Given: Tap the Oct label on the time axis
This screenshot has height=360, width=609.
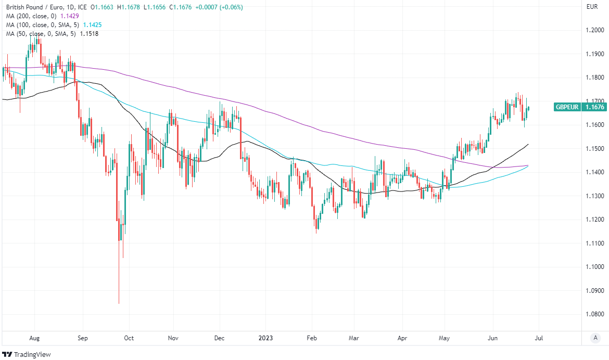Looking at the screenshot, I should pyautogui.click(x=129, y=338).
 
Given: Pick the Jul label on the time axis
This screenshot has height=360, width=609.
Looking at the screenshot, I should pyautogui.click(x=539, y=338).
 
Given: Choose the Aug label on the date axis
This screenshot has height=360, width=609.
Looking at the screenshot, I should pyautogui.click(x=35, y=338).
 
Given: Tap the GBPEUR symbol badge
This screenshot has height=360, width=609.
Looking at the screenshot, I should pyautogui.click(x=566, y=107).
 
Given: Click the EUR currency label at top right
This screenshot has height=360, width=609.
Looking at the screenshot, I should pyautogui.click(x=592, y=7).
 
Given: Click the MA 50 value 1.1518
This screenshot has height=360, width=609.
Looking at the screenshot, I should pyautogui.click(x=89, y=34).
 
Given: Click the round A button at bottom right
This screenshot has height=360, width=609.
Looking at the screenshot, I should pyautogui.click(x=595, y=338).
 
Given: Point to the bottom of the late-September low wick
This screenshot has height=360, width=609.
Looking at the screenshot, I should pyautogui.click(x=119, y=304).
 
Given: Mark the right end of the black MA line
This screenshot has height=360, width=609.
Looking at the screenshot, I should pyautogui.click(x=528, y=144).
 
